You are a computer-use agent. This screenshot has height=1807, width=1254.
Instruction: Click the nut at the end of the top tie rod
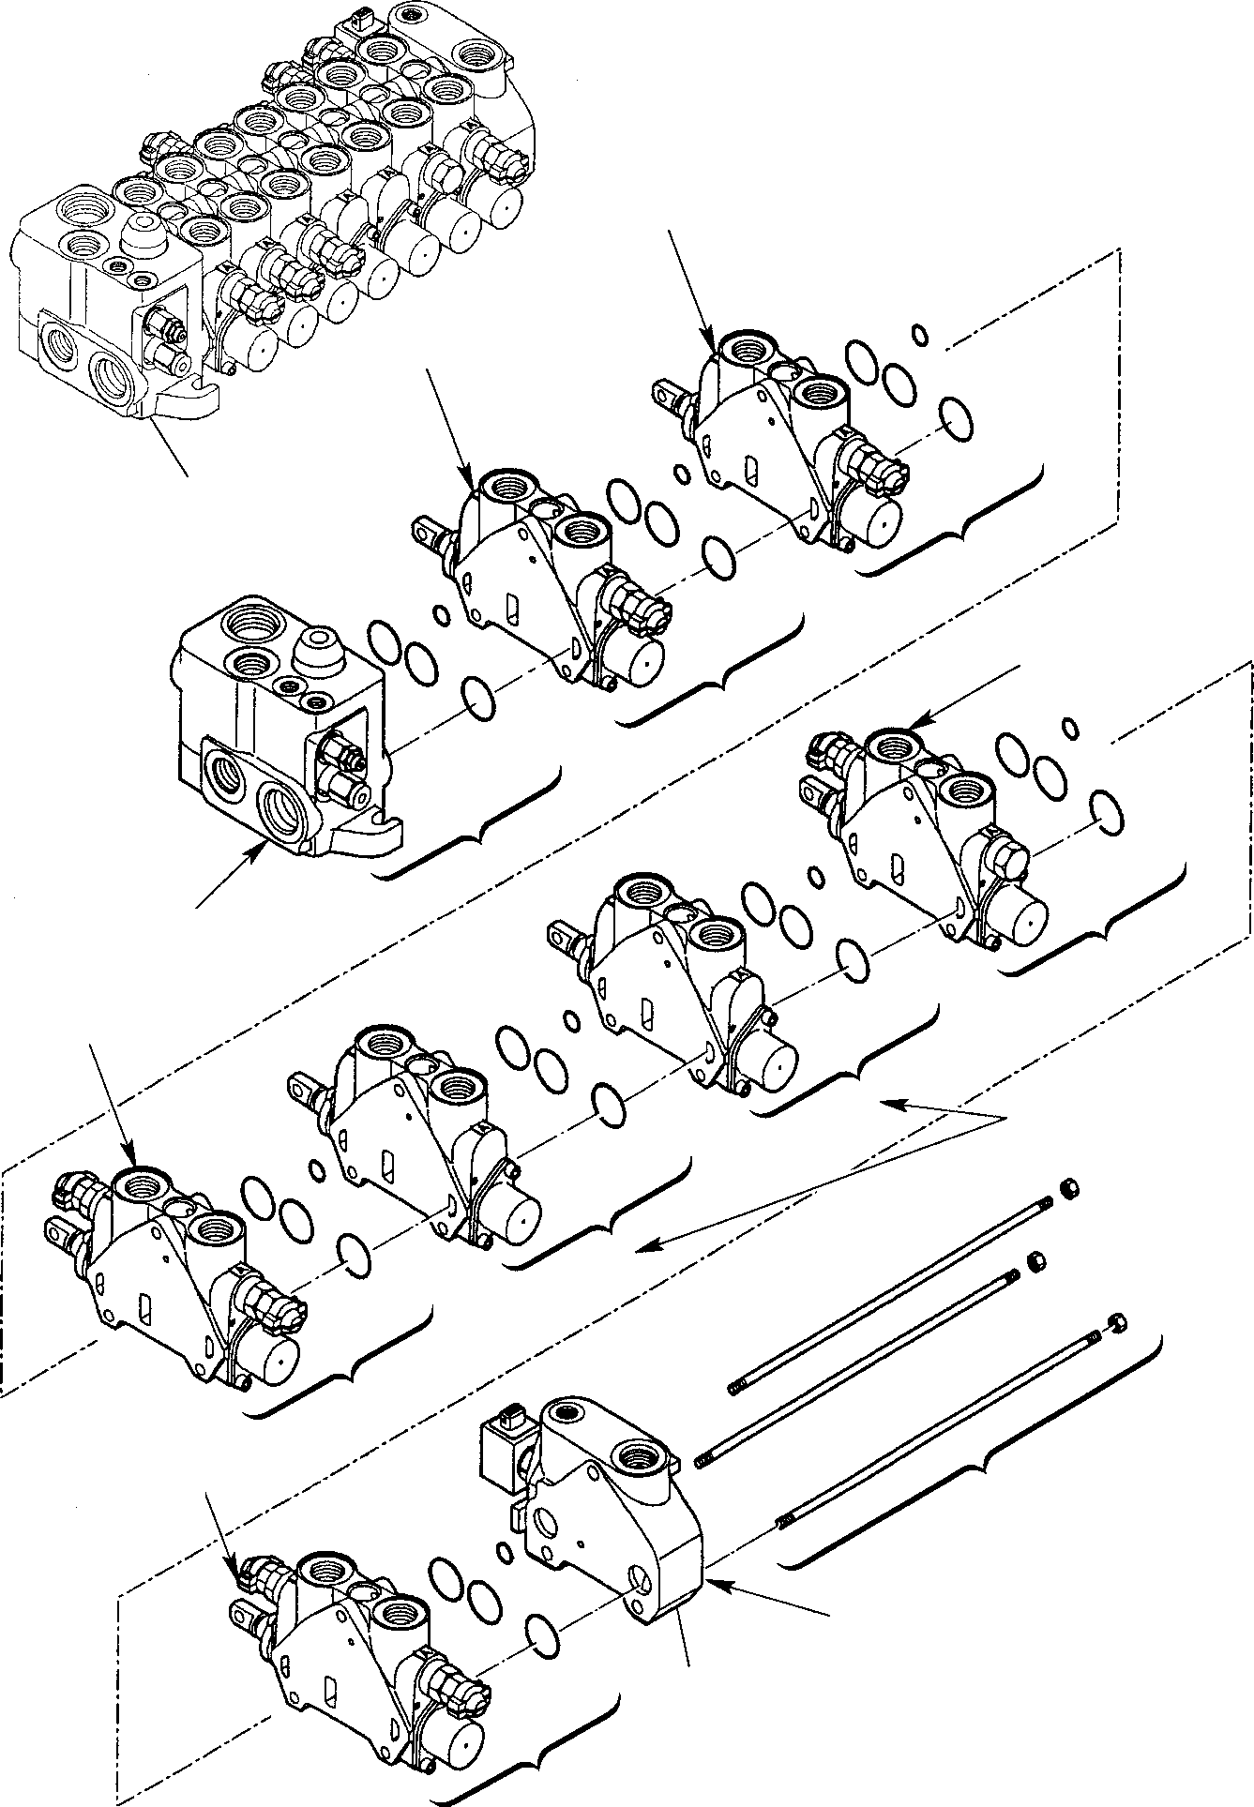(x=1067, y=1188)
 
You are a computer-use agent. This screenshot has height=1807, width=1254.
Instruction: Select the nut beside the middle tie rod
(x=1036, y=1261)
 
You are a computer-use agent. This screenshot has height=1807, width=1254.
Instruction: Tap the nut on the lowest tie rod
(x=1116, y=1323)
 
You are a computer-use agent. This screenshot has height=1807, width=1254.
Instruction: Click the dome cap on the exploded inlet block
(x=318, y=652)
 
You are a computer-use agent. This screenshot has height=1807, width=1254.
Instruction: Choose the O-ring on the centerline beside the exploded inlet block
(x=479, y=700)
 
